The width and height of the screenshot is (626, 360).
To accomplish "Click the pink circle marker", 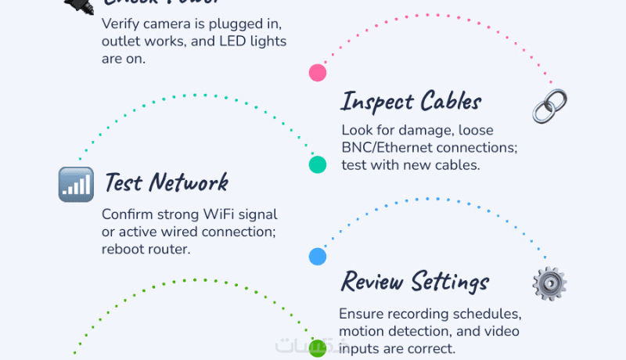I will [317, 73].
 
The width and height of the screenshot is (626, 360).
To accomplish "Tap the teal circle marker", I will [317, 164].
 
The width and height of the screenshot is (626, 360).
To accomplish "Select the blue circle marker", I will [317, 256].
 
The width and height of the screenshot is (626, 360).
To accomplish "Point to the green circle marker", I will [317, 348].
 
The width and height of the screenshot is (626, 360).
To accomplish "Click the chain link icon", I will [549, 106].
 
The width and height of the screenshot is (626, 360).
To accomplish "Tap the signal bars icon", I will [76, 184].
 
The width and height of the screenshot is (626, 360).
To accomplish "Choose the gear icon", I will [549, 283].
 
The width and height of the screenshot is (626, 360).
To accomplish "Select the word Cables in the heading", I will [451, 102].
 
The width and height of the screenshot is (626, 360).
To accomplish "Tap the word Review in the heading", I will [372, 282].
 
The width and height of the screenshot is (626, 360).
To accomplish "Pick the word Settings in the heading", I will [450, 282].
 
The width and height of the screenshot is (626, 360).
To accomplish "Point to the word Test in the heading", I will [123, 183].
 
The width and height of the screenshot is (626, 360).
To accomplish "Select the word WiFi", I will [212, 214].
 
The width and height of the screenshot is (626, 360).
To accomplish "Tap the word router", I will [170, 249].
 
